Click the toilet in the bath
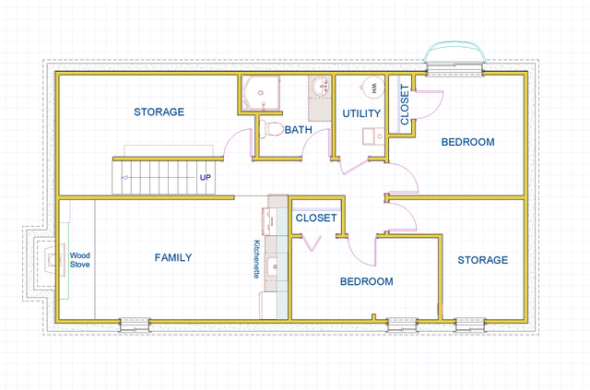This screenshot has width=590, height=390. (x=271, y=129)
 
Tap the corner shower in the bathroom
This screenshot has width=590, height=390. (x=260, y=93)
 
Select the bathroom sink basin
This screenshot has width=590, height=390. (x=320, y=86)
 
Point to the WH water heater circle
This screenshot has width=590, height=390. (x=372, y=88)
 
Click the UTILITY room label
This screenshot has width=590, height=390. (x=361, y=113)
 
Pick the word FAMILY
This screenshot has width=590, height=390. (x=173, y=257)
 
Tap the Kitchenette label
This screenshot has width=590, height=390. (x=256, y=259)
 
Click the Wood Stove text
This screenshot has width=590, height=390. (x=80, y=260)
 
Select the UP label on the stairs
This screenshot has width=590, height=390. (x=205, y=177)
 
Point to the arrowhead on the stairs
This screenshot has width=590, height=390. (x=124, y=178)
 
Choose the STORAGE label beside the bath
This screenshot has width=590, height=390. (x=159, y=112)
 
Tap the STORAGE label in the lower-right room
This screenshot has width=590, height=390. (x=483, y=260)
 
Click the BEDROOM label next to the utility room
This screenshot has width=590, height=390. (x=467, y=142)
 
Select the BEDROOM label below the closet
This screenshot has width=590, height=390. (x=367, y=281)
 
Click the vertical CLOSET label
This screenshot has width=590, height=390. (x=405, y=104)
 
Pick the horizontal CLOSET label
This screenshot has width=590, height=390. (x=316, y=218)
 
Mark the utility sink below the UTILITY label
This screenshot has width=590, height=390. (x=372, y=136)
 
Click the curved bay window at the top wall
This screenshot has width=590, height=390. (x=454, y=56)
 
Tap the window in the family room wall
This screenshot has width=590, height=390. (x=135, y=325)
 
